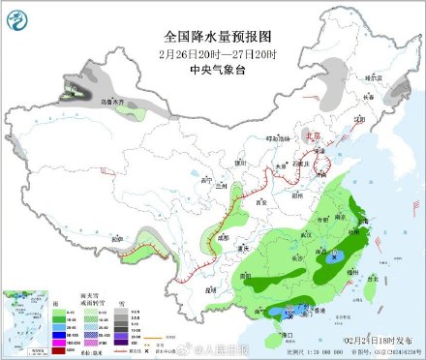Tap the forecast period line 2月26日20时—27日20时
tap(212, 52)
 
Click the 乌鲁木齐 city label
tap(113, 99)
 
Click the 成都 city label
tap(224, 235)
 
